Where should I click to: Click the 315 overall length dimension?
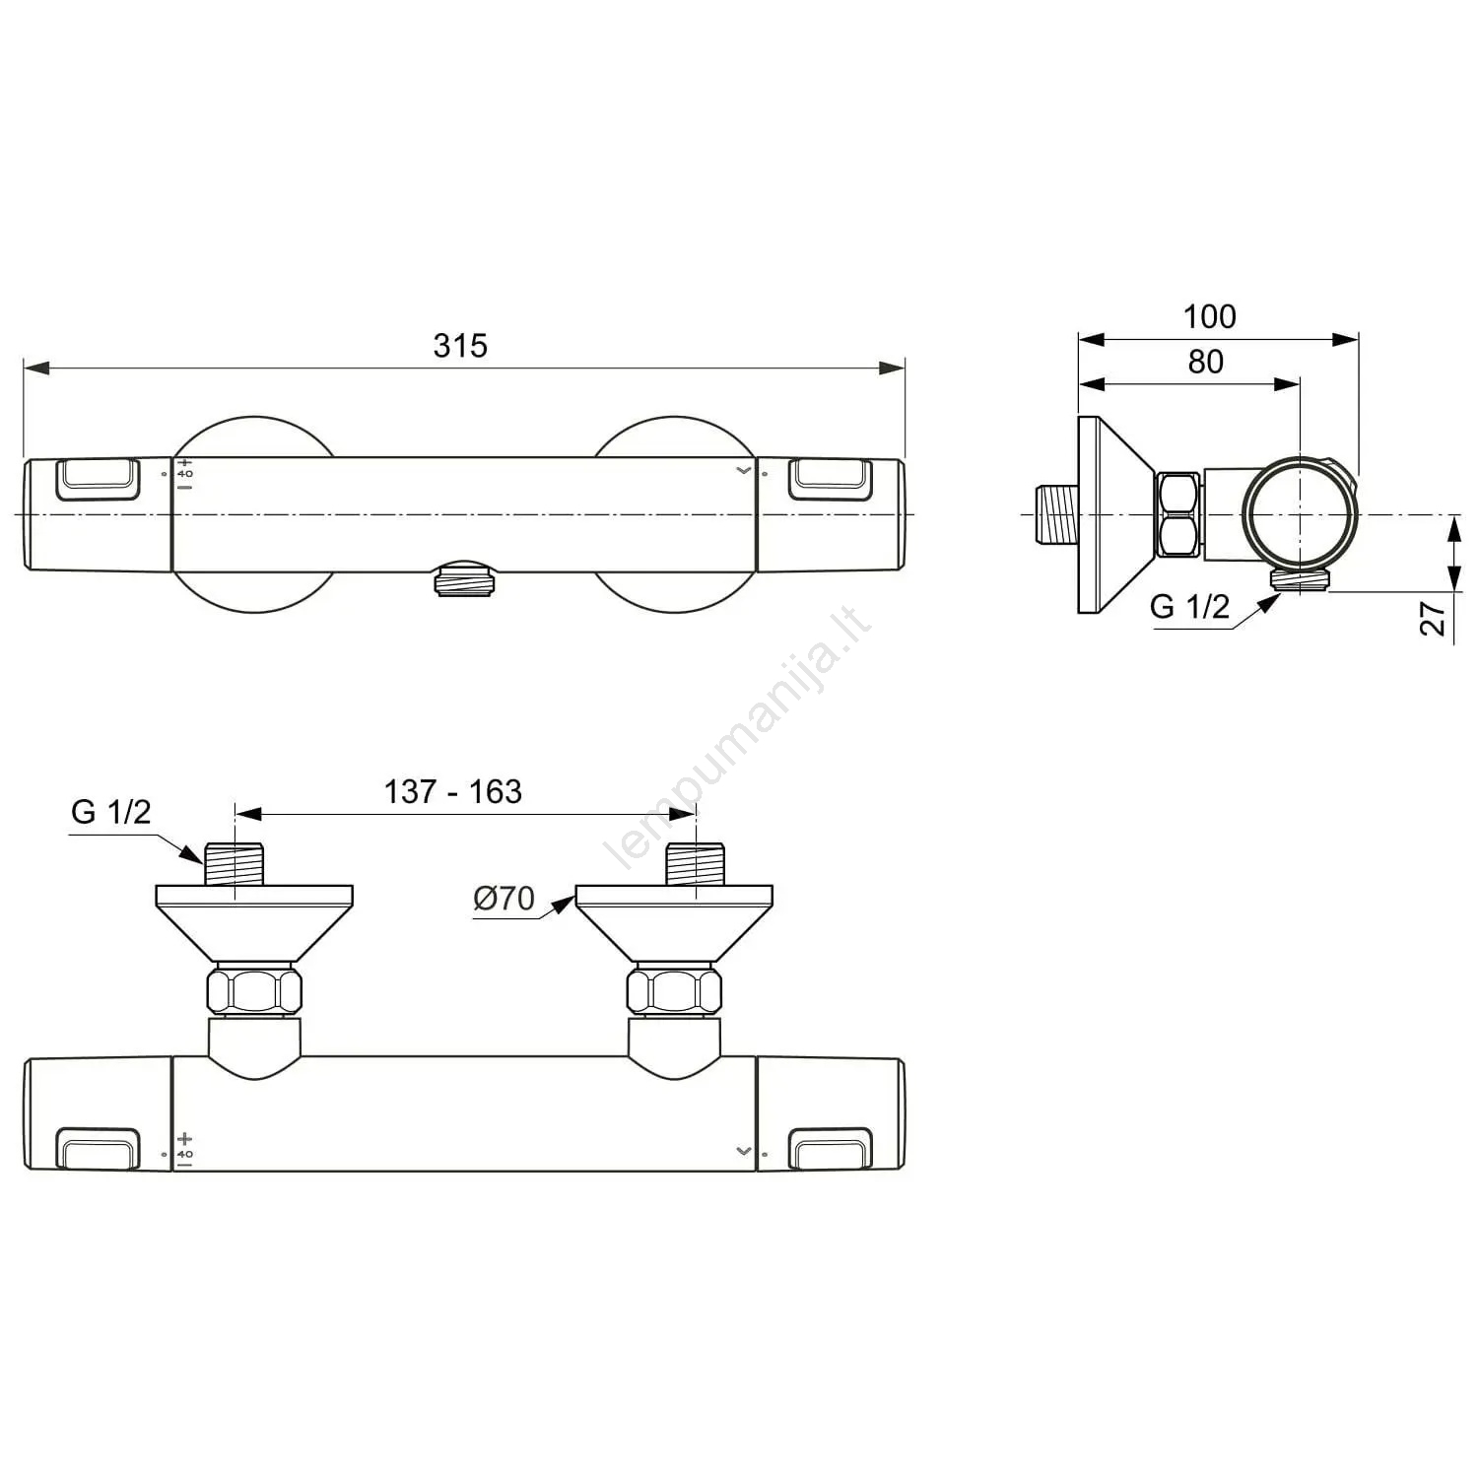(x=460, y=346)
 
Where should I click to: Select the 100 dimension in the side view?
(x=1209, y=316)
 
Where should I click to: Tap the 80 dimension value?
(x=1206, y=362)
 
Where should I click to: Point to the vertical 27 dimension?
(x=1434, y=617)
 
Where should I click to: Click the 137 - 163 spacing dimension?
(x=452, y=791)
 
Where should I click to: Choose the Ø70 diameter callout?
(x=504, y=898)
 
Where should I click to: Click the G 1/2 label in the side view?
(x=1189, y=606)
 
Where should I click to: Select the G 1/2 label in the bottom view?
(x=111, y=812)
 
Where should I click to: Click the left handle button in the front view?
(x=98, y=479)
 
